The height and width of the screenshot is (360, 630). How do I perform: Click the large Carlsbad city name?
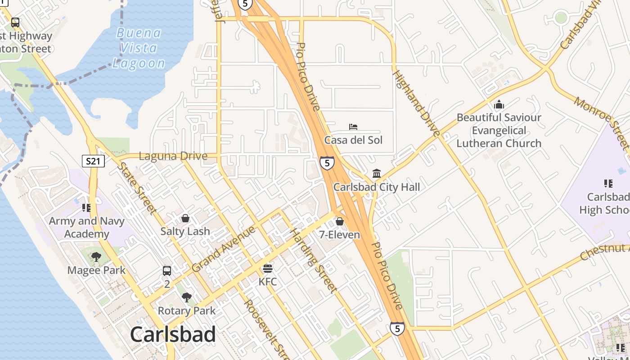click(173, 335)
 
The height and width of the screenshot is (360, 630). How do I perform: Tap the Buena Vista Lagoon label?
click(139, 48)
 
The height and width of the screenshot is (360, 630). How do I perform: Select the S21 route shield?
click(93, 161)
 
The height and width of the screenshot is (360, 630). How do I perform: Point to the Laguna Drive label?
click(173, 156)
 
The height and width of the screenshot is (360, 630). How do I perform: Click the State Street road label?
click(137, 188)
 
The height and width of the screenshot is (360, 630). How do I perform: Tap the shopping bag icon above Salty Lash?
click(185, 218)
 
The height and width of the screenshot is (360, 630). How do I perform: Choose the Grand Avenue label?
click(223, 249)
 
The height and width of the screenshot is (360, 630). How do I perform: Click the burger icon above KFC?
click(268, 269)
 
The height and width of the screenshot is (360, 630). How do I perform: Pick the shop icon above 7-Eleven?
click(340, 221)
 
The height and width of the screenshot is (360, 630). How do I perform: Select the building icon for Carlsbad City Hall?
click(377, 174)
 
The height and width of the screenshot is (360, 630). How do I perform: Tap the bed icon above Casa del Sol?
click(353, 127)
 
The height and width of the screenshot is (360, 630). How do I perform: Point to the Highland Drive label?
click(416, 103)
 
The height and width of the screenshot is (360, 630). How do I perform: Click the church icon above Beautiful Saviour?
click(499, 105)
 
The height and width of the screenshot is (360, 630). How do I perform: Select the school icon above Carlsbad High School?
click(608, 184)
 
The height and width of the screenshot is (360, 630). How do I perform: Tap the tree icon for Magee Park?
click(96, 257)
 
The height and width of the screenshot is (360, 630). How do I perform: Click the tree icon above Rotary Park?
click(186, 297)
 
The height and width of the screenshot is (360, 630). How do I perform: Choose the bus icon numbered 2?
click(167, 271)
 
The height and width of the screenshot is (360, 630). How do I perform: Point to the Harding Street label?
click(314, 261)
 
